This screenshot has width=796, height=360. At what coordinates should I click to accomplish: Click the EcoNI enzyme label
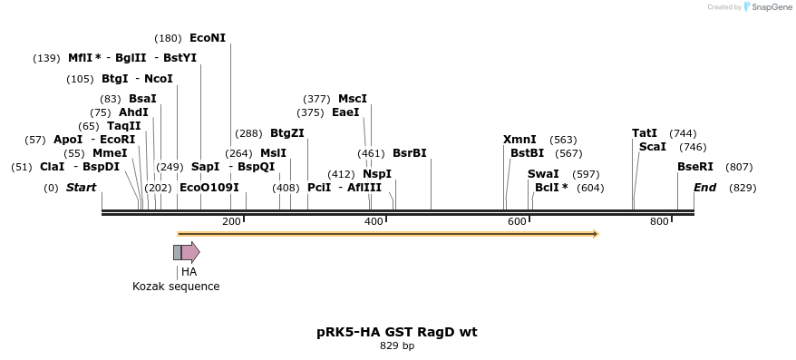(x=208, y=38)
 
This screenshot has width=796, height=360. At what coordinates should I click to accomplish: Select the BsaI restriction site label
(x=142, y=99)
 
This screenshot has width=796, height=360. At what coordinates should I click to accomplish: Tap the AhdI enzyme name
(x=133, y=112)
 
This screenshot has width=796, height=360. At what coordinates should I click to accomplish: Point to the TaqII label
(x=124, y=126)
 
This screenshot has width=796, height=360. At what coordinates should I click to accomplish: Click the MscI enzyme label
(x=353, y=99)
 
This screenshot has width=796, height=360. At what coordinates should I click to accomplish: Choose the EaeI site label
(x=346, y=112)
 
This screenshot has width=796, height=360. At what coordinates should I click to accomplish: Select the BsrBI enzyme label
(x=410, y=153)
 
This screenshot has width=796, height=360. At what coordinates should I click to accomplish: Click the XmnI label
(x=519, y=140)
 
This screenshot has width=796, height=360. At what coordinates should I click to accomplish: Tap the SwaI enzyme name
(x=543, y=174)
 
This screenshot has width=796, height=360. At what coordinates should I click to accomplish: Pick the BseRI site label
(x=695, y=167)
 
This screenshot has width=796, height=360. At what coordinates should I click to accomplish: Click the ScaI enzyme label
(x=653, y=147)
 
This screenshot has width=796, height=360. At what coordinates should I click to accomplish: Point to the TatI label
(x=645, y=133)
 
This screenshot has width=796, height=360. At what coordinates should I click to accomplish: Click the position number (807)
(x=739, y=167)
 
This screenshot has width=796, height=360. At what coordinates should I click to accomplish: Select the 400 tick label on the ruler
(x=374, y=222)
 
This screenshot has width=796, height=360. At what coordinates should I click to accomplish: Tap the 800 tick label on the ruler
(x=659, y=222)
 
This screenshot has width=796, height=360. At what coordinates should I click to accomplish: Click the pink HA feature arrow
(x=190, y=252)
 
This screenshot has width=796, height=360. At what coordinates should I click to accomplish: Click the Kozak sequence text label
(x=176, y=287)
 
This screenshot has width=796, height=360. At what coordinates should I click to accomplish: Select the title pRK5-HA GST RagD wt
(x=397, y=332)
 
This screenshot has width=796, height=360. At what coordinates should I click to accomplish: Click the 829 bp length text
(x=397, y=345)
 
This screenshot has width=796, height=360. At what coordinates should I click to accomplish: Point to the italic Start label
(x=81, y=188)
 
